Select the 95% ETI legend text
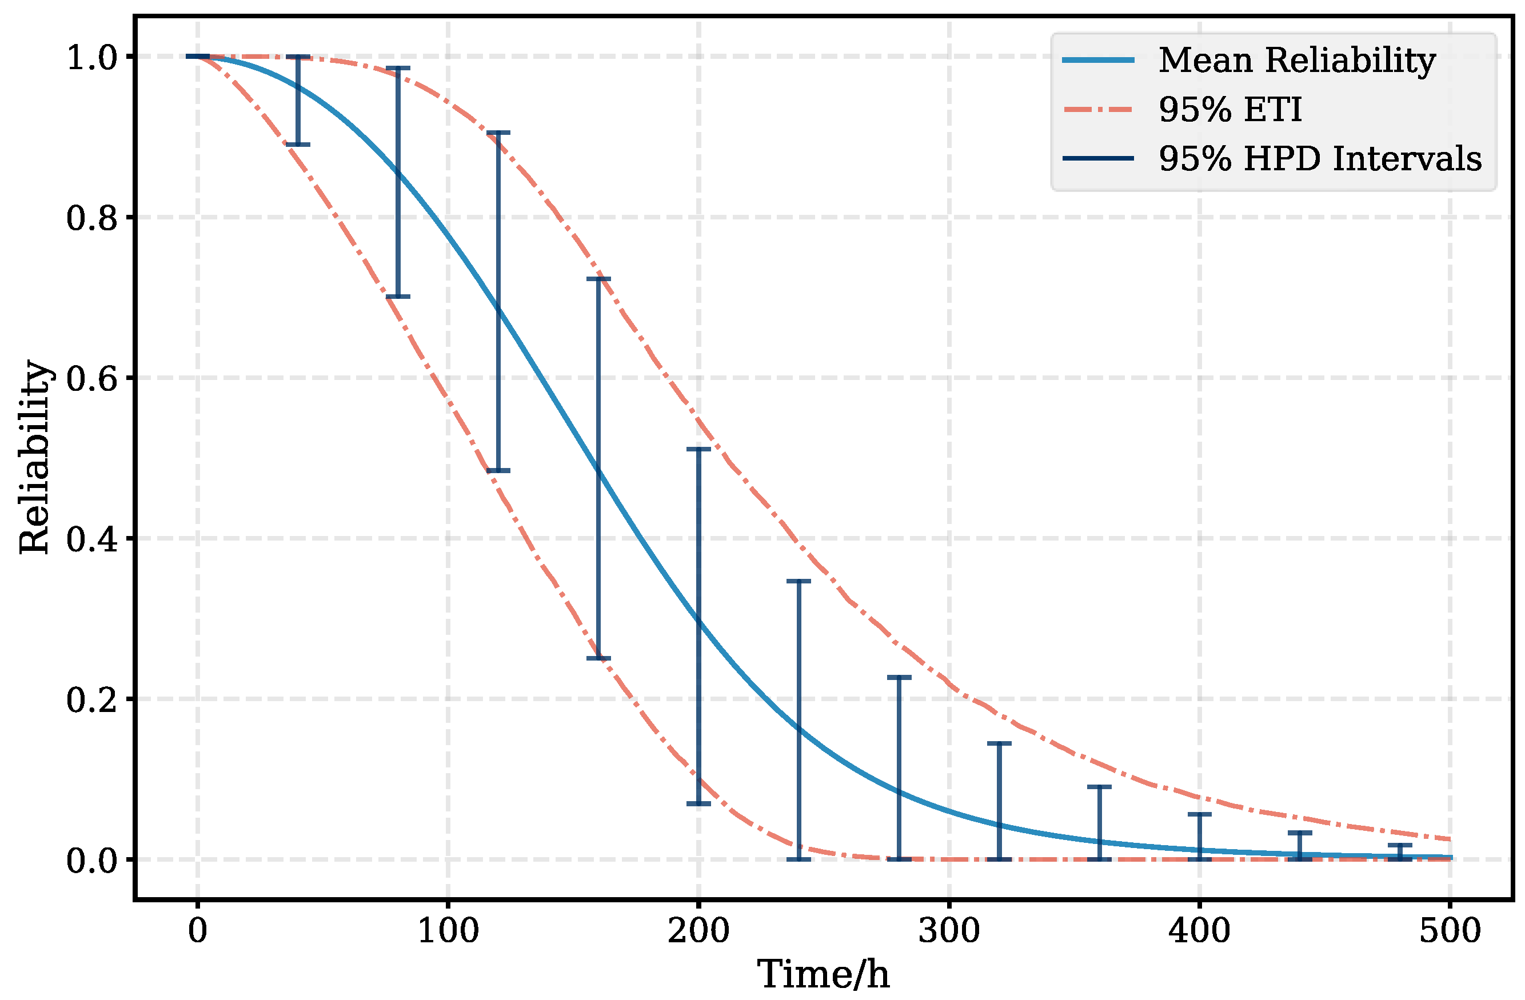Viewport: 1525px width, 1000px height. [x=1229, y=110]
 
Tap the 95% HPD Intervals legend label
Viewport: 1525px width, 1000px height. [x=1320, y=158]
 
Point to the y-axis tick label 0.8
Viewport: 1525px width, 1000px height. [x=92, y=218]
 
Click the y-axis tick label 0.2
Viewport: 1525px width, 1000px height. [x=92, y=699]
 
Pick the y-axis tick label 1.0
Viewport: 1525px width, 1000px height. [x=92, y=58]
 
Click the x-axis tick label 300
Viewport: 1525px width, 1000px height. [x=949, y=931]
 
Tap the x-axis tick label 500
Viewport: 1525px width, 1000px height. [x=1450, y=931]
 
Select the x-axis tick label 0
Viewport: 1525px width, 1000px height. [x=197, y=931]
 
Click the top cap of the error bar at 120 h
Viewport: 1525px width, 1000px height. [x=498, y=133]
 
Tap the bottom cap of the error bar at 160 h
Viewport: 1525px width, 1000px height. [x=598, y=658]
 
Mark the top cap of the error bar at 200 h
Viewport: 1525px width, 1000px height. [x=698, y=449]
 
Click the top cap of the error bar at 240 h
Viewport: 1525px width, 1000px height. [x=799, y=581]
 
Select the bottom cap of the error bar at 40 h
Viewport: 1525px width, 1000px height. [x=298, y=145]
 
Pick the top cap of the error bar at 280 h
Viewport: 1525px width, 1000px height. [x=899, y=677]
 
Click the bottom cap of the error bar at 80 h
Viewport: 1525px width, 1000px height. [x=398, y=297]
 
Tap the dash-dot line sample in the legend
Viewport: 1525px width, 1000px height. [x=1098, y=110]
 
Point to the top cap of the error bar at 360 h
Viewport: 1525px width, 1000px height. [x=1100, y=786]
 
